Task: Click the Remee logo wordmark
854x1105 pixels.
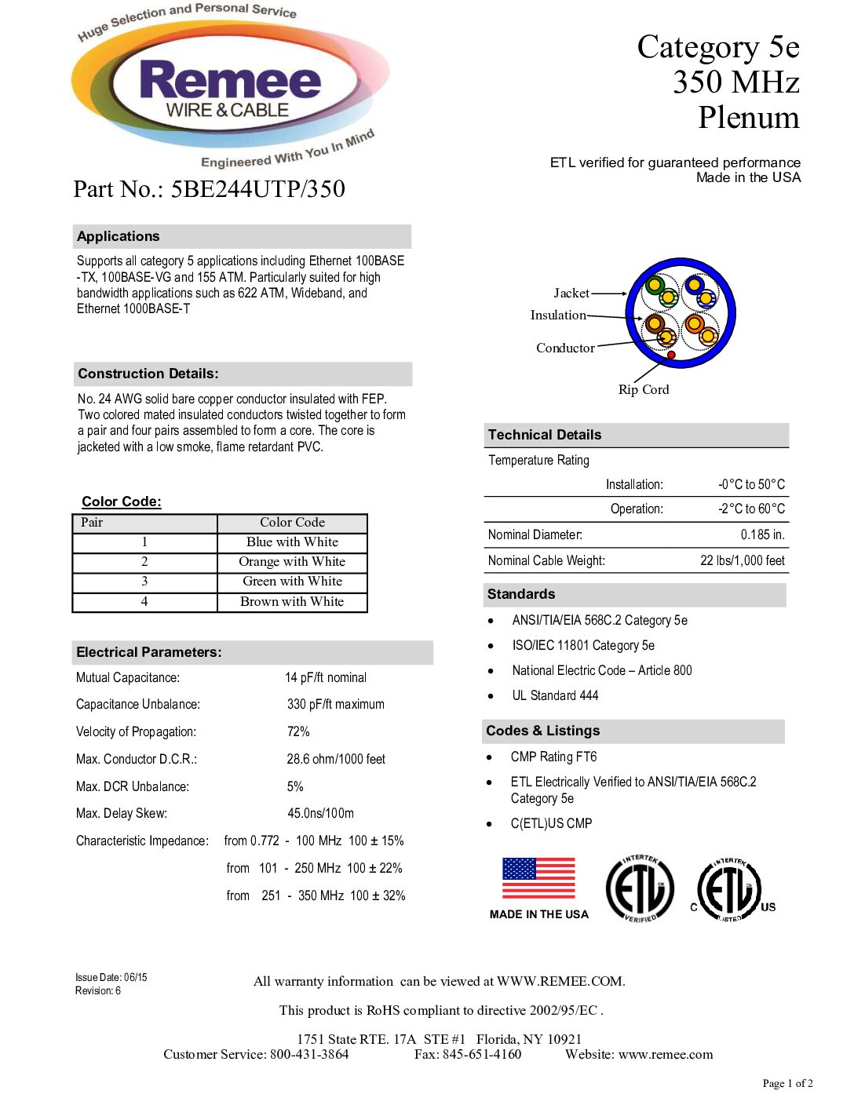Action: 230,82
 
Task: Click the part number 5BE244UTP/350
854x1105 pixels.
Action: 258,189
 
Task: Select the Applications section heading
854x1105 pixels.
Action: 119,236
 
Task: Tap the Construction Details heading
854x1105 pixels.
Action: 148,374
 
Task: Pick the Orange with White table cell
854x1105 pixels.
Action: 292,562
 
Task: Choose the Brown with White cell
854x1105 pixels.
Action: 292,602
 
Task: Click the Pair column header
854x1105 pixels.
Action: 92,523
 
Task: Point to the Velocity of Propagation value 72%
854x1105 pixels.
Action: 298,731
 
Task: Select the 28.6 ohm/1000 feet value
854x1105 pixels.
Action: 336,759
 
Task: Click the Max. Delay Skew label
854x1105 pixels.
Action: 122,813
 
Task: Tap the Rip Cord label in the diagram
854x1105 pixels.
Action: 644,389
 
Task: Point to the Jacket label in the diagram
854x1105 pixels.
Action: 571,293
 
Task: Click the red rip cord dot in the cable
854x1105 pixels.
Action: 672,356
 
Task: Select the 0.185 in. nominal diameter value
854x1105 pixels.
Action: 762,534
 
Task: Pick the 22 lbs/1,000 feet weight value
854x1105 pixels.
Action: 742,560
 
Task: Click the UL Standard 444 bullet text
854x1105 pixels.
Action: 555,695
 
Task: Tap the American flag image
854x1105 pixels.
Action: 538,878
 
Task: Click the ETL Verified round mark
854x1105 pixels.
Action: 640,888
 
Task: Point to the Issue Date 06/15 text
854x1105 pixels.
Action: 111,977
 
